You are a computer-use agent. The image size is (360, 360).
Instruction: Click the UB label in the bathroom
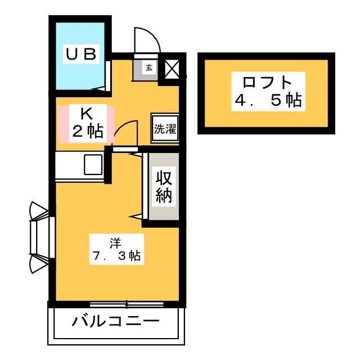(x=81, y=54)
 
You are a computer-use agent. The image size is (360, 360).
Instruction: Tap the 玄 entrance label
(x=149, y=67)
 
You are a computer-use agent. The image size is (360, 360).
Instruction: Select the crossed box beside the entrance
(x=172, y=69)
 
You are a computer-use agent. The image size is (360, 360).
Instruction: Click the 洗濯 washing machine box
(x=165, y=129)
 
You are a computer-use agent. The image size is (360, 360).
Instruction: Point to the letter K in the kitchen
(x=87, y=114)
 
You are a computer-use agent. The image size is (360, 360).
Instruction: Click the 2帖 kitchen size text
(x=88, y=131)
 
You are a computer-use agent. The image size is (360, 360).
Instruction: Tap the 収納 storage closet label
(x=164, y=187)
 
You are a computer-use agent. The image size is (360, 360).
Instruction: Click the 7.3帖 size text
(x=116, y=255)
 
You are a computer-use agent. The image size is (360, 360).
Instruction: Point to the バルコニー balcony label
(x=115, y=321)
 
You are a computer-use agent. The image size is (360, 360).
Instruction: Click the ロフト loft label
(x=267, y=82)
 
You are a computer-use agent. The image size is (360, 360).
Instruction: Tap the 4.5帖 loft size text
(x=268, y=100)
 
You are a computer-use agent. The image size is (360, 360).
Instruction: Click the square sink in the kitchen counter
(x=93, y=164)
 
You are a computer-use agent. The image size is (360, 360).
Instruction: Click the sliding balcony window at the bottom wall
(x=127, y=304)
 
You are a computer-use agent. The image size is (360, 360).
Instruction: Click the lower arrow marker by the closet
(x=136, y=217)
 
